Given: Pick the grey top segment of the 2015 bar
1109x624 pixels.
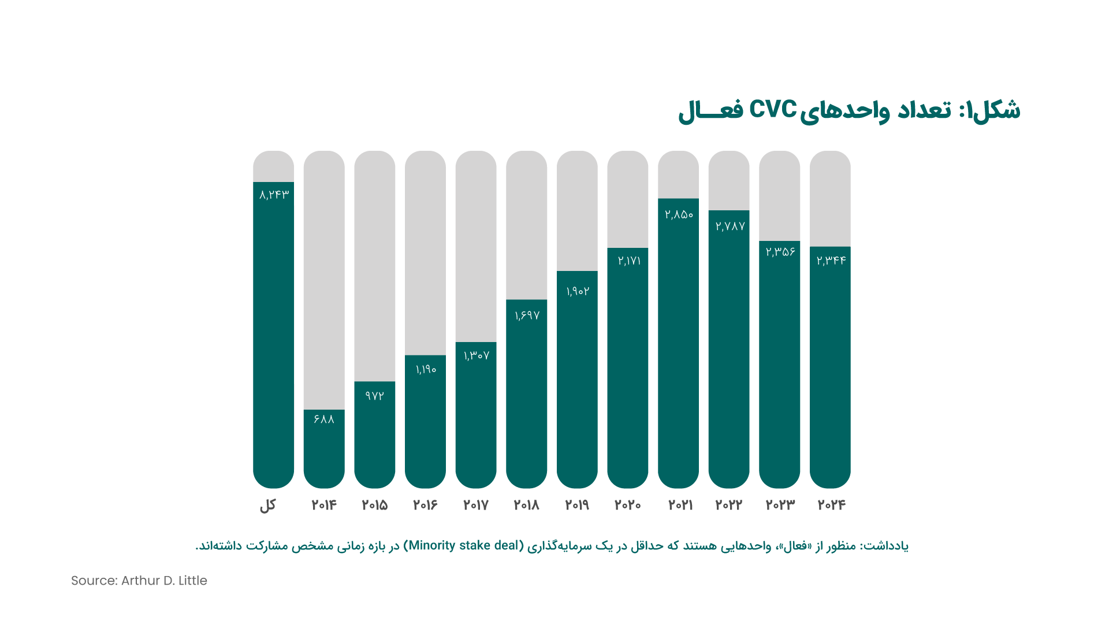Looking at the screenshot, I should point(374,266).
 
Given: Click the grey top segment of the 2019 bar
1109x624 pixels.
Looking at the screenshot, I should point(577,211).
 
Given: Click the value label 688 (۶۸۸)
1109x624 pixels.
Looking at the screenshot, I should point(324,419).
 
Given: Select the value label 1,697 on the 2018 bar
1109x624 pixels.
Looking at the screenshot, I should point(527,315).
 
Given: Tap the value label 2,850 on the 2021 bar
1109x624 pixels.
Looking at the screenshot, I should point(679,214).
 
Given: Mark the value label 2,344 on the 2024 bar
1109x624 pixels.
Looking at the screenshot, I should point(831,261).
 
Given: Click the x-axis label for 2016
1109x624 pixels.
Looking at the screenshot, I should point(425,505).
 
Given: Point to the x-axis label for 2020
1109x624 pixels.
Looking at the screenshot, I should point(627,505).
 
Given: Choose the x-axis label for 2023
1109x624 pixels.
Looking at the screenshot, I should point(780,505).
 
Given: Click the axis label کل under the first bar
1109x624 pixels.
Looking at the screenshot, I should point(267,506).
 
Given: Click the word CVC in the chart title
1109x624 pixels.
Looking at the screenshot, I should point(773,109).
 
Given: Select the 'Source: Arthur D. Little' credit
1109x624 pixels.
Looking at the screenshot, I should point(139,581).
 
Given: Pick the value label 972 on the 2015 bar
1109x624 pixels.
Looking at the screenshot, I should point(374,396).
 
